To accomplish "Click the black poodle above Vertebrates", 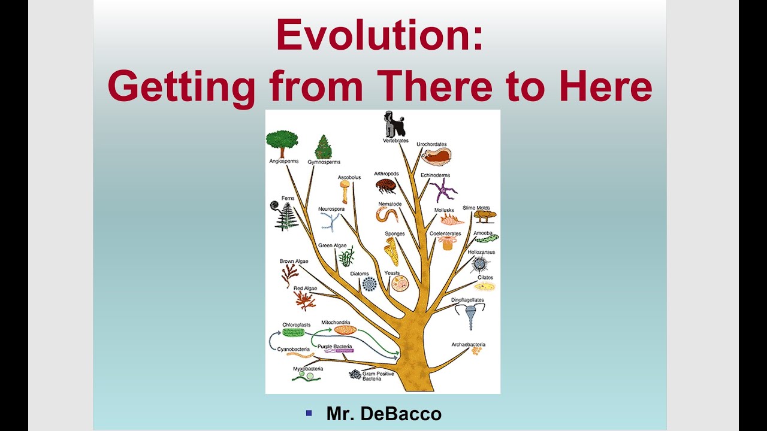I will [394, 124].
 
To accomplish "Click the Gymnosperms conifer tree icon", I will [324, 147].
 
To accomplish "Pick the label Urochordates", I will [431, 144].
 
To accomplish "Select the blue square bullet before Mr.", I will [309, 412].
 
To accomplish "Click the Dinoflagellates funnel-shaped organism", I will [470, 315].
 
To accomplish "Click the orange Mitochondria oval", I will [345, 330].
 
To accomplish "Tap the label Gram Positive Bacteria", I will [378, 376].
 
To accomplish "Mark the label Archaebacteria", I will [468, 345].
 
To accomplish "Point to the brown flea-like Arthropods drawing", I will [385, 186].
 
